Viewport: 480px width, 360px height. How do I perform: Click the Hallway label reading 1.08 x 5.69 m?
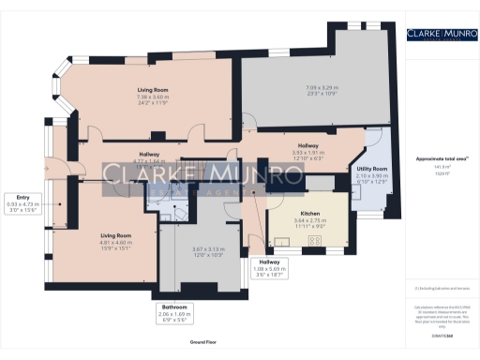click(x=270, y=267)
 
